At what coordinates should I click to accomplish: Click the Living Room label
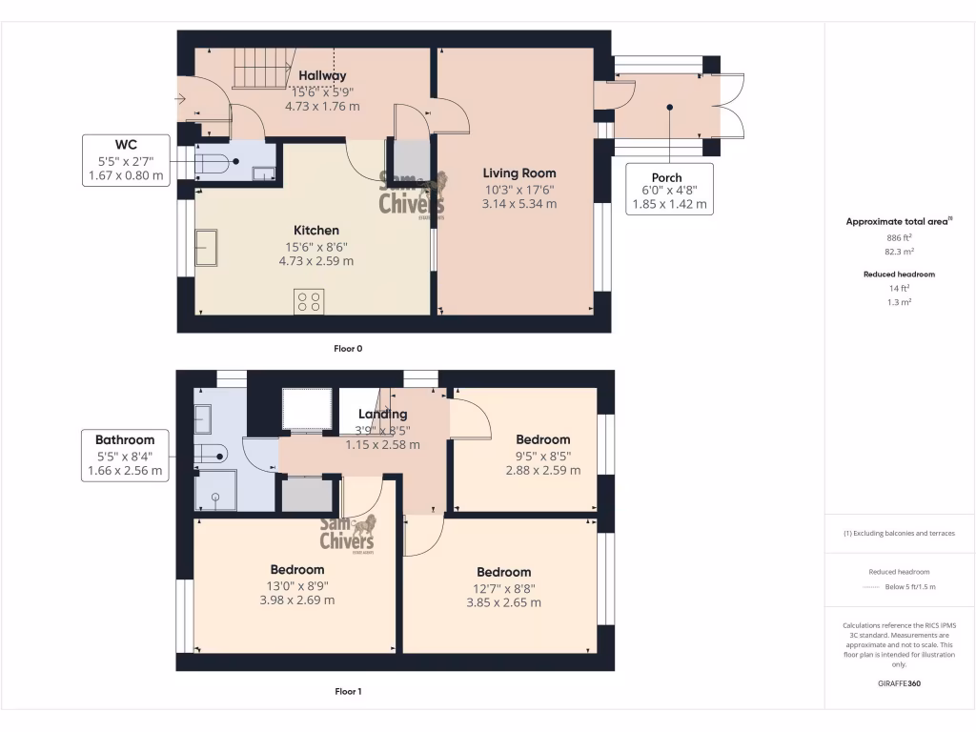(x=518, y=173)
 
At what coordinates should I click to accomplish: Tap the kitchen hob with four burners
(x=309, y=301)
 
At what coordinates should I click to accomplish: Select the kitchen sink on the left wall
(x=205, y=248)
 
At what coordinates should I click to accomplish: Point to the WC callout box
(x=125, y=158)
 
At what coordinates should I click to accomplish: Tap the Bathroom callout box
(x=125, y=455)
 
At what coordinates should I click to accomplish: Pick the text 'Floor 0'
(x=348, y=349)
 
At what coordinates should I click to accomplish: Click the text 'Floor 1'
(x=348, y=691)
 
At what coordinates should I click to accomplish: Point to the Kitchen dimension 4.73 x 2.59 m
(x=315, y=260)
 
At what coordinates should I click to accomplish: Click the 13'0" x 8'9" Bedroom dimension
(x=296, y=585)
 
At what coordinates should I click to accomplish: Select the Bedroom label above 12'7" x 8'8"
(x=503, y=572)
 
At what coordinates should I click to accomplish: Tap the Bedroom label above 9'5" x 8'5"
(x=542, y=439)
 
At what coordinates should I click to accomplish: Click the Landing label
(x=382, y=414)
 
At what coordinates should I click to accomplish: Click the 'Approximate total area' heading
(x=899, y=221)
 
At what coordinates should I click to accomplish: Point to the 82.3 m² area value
(x=899, y=252)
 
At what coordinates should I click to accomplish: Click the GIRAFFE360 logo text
(x=899, y=682)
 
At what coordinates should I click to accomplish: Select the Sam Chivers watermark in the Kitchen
(x=412, y=195)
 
